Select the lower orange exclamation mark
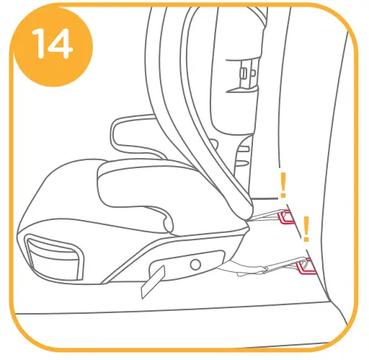pos(306,229)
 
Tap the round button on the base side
pos(195,264)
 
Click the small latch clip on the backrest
pos(245,72)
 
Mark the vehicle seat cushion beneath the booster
pos(180,317)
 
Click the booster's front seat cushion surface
pos(72,195)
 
